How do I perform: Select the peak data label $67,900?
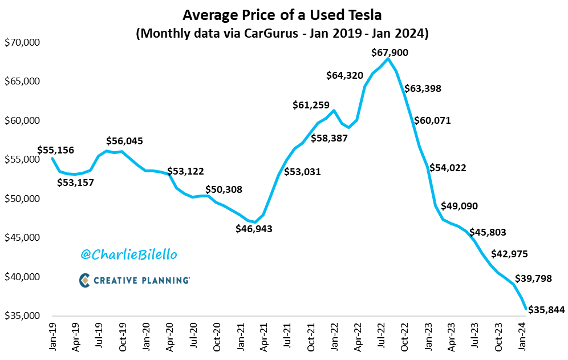[390, 52]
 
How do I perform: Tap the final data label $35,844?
[546, 310]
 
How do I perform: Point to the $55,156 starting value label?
[56, 150]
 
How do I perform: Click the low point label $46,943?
[254, 229]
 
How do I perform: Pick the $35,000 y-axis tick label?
[23, 315]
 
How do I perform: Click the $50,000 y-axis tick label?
[23, 199]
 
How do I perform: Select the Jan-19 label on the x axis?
[52, 335]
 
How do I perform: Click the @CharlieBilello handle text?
[129, 254]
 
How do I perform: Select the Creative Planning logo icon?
[84, 280]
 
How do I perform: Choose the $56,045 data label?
[125, 141]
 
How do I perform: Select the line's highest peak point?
[388, 59]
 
